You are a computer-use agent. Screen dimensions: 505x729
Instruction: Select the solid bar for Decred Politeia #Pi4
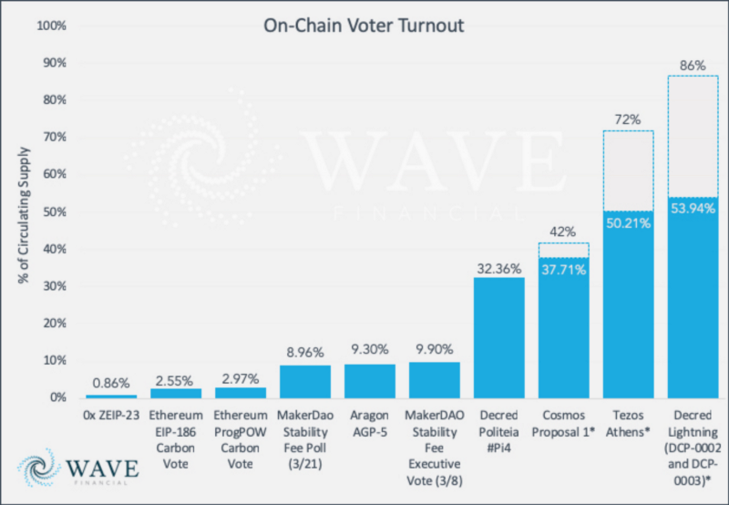[498, 337]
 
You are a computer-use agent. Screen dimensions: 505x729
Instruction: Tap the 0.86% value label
[110, 384]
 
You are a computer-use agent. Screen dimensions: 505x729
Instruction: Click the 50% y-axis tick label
[53, 211]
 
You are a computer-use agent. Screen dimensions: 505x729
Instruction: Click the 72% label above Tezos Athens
[627, 119]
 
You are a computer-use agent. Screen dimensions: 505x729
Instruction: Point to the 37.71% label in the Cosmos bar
[562, 269]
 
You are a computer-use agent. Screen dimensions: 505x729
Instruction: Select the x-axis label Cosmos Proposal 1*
[562, 424]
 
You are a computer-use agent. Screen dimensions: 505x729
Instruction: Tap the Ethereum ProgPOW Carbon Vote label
[240, 431]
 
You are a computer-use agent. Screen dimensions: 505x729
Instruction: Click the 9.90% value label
[434, 348]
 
